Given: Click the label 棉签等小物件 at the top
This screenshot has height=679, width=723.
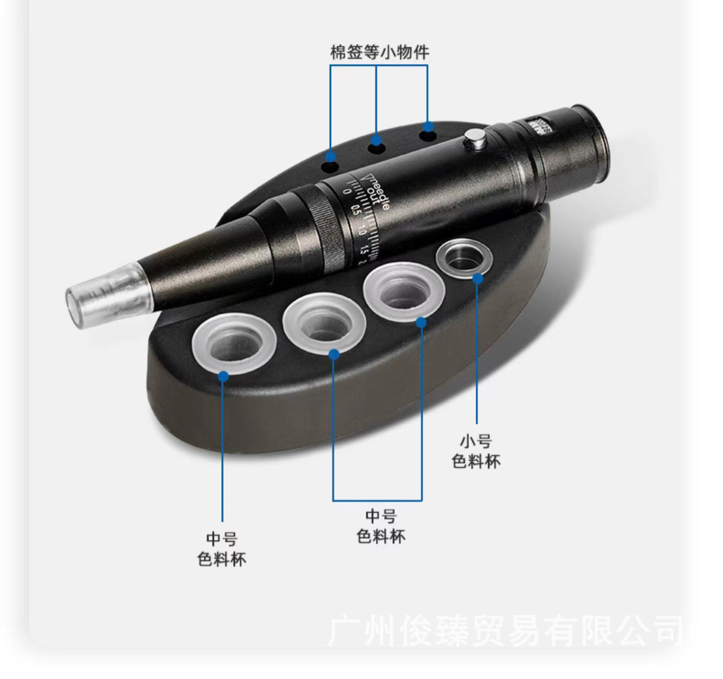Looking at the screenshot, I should [379, 52].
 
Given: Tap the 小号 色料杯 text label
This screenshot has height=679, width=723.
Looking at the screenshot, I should [476, 451].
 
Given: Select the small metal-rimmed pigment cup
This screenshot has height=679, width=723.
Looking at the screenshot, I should [464, 259].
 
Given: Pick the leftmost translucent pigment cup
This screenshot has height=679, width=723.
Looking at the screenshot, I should [234, 343].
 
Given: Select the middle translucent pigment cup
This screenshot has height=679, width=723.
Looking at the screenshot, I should [324, 322].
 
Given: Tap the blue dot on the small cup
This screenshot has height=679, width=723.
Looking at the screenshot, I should [477, 278].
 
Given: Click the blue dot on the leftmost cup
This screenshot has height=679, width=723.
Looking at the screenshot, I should [223, 376].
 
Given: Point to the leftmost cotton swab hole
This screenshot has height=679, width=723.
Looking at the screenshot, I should [330, 167].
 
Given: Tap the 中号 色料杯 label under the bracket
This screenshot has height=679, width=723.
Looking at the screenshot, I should [381, 526].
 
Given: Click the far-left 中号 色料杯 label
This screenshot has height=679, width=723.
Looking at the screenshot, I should [222, 549].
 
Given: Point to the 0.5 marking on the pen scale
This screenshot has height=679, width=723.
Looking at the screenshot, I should [356, 210].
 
